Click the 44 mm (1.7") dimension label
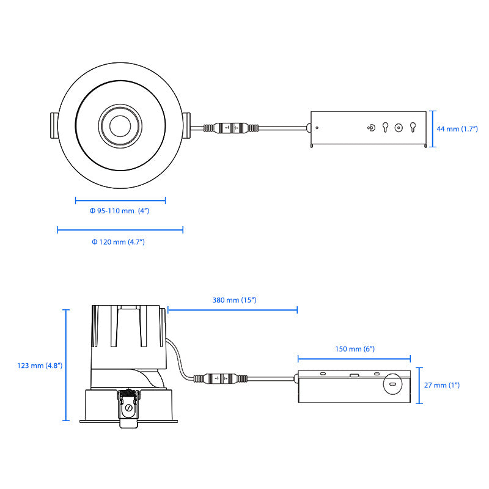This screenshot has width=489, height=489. [x=457, y=129]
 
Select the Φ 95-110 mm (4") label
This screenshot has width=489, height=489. [x=119, y=211]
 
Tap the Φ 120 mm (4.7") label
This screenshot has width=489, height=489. [x=118, y=242]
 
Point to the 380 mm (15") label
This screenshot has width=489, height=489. [x=234, y=300]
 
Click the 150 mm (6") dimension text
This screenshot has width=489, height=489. [x=355, y=349]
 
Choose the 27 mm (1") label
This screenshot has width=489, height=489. [x=441, y=385]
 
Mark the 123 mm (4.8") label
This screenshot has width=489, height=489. [x=40, y=366]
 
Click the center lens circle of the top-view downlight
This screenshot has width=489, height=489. [x=120, y=126]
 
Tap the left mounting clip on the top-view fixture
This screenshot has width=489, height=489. [x=54, y=125]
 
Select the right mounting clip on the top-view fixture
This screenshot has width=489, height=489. [x=186, y=125]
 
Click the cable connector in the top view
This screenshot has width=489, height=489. [x=231, y=128]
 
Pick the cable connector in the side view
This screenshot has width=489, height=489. [x=221, y=378]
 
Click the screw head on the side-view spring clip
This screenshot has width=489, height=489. [x=128, y=408]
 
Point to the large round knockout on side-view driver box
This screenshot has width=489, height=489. [x=392, y=384]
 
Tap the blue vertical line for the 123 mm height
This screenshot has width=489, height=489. [x=66, y=365]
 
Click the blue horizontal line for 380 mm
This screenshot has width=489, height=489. [x=232, y=310]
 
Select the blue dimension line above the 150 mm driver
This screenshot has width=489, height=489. [x=354, y=359]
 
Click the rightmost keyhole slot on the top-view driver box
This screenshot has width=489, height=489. [x=413, y=127]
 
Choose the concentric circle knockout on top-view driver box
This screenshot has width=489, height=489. [x=399, y=128]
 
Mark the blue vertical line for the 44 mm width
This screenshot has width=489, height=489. [x=433, y=129]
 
